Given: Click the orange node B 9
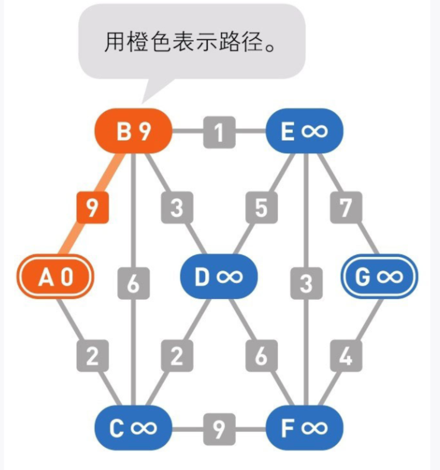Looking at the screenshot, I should [x=133, y=132].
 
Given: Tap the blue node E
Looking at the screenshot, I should [x=304, y=132].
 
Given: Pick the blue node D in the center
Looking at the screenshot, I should [x=218, y=277].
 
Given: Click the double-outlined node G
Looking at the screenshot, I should [x=379, y=277].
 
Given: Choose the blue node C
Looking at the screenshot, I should [x=133, y=428].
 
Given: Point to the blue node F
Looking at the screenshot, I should [x=304, y=428].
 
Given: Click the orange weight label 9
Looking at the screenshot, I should [x=93, y=209].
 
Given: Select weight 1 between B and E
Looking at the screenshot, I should [x=219, y=132].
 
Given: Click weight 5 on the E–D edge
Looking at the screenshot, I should [x=261, y=209].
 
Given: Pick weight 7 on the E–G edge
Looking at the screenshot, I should [x=346, y=209].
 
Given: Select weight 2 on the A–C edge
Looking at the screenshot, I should [x=93, y=356].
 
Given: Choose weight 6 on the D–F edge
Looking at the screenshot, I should [x=261, y=356].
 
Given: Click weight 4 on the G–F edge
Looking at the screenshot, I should [x=346, y=356].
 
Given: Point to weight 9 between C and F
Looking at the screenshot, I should [x=219, y=428].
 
